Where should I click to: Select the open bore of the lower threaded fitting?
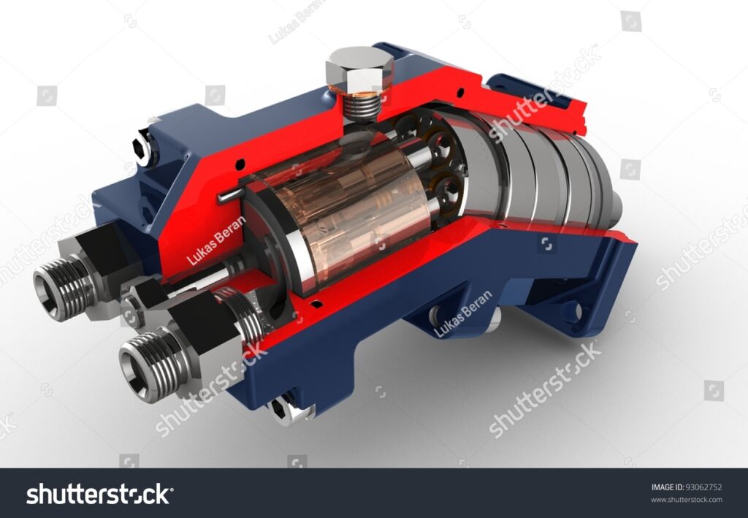tap(137, 367)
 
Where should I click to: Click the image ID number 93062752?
tap(703, 487)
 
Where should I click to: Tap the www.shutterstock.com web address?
tap(687, 500)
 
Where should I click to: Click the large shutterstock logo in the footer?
tap(99, 494)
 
